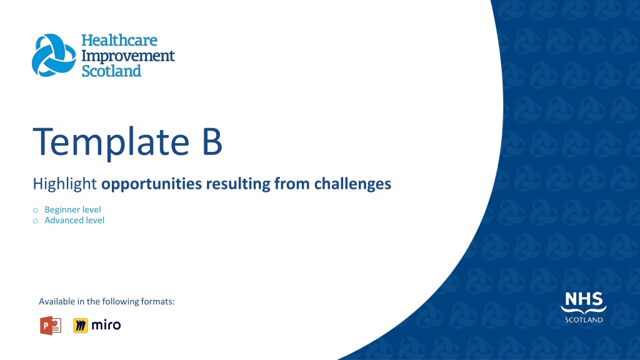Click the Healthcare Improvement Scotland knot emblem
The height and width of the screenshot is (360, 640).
click(x=54, y=56)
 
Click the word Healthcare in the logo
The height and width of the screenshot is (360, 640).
click(x=119, y=41)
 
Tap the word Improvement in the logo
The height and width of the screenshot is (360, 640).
click(x=128, y=56)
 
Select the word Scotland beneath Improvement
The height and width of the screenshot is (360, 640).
click(x=111, y=71)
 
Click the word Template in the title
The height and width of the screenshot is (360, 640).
click(x=111, y=142)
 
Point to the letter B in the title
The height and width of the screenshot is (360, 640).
click(x=212, y=142)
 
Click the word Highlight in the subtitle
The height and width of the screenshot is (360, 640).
click(x=64, y=184)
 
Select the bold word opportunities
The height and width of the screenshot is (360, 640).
click(x=151, y=184)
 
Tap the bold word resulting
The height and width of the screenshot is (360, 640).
click(x=238, y=184)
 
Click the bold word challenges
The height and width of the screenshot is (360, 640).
click(x=352, y=184)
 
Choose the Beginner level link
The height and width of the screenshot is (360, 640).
click(x=72, y=209)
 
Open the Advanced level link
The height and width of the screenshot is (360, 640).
click(x=74, y=221)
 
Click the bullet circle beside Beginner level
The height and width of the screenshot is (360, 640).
click(x=36, y=211)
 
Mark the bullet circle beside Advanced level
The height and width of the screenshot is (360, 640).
click(x=36, y=221)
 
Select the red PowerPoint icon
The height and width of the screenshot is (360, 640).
click(x=51, y=325)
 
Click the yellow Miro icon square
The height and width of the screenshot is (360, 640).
click(x=81, y=325)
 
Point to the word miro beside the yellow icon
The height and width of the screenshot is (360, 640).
click(x=106, y=325)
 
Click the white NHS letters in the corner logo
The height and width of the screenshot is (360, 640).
click(x=584, y=299)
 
